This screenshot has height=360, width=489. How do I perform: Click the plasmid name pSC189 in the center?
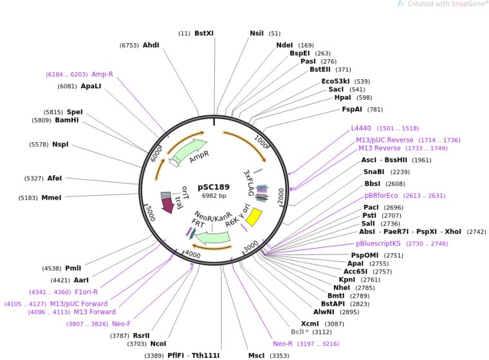214,186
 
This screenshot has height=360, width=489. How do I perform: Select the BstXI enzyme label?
204,33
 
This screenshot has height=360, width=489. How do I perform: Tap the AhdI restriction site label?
151,45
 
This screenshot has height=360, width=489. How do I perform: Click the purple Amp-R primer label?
102,74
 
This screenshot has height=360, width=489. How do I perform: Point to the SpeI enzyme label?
75,111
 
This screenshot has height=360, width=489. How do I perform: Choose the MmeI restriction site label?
51,198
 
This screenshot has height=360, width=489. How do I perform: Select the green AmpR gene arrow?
190,152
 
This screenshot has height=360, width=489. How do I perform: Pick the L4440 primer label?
361,128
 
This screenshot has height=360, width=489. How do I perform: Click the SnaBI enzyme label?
373,172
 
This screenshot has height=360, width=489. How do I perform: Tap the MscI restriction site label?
257,355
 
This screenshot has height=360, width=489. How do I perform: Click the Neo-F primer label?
122,323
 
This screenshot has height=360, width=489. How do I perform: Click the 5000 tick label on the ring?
149,213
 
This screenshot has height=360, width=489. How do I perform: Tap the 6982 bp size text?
214,195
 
